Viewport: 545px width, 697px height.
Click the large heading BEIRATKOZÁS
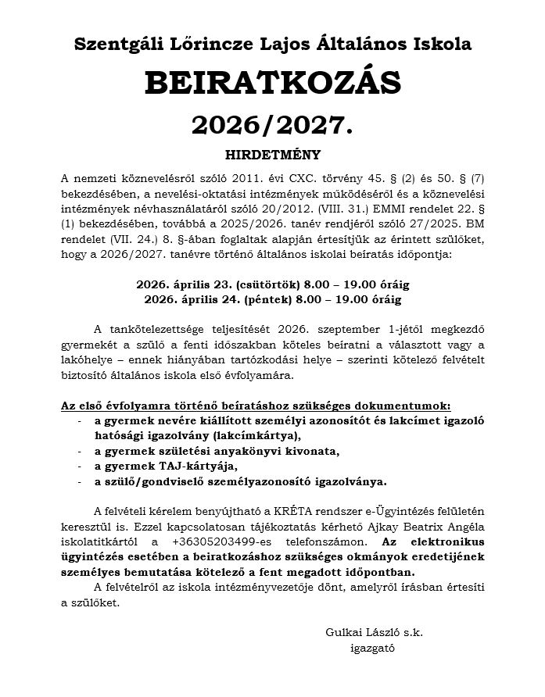tap(272, 84)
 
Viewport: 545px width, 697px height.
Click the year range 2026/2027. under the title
tap(272, 123)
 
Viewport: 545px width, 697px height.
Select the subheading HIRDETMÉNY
tap(272, 154)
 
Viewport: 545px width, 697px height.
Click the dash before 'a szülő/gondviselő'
tap(81, 481)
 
